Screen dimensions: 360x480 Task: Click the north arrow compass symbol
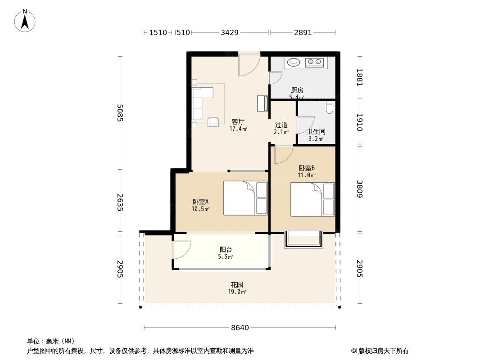[x=25, y=20]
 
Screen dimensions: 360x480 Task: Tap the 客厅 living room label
[x=238, y=121]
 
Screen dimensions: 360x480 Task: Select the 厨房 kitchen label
[x=297, y=90]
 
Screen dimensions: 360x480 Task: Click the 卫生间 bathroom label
[x=316, y=132]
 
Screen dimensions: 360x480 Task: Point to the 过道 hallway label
[x=281, y=125]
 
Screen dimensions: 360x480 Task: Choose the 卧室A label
[x=200, y=202]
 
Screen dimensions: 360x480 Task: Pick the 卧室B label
[x=307, y=168]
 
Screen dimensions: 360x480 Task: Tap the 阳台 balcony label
[x=226, y=249]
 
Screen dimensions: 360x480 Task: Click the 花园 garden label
[x=237, y=285]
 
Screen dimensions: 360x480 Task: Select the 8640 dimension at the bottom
[x=240, y=328]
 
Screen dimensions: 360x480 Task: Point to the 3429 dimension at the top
[x=230, y=32]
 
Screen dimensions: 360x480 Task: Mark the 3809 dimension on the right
[x=359, y=189]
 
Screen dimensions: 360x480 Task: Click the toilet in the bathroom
[x=330, y=107]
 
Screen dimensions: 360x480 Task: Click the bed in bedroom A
[x=245, y=198]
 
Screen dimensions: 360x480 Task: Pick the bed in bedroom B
[x=312, y=199]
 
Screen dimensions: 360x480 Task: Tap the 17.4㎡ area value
[x=238, y=129]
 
